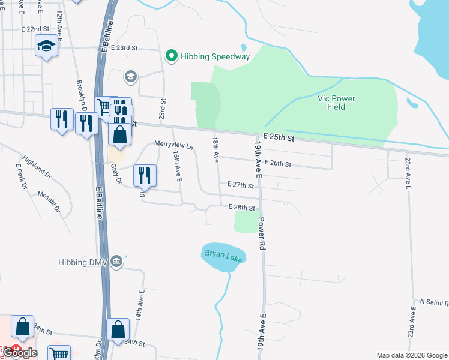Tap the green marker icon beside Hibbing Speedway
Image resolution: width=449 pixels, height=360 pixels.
click(x=172, y=57)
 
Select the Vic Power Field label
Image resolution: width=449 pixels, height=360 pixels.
click(x=336, y=103)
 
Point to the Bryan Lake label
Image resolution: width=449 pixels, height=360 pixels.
click(x=223, y=254)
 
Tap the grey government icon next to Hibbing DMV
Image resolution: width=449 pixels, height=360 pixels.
click(x=116, y=261)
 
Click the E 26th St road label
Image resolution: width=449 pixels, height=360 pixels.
click(x=277, y=164)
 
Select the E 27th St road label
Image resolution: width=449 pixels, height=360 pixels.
click(x=241, y=186)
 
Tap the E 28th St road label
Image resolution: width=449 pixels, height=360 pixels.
click(x=242, y=208)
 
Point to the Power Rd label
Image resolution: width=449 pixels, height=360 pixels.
click(x=262, y=235)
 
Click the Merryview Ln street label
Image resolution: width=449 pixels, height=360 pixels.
click(x=173, y=145)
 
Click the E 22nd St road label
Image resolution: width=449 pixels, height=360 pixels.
click(x=35, y=29)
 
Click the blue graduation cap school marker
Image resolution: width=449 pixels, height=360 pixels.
click(x=46, y=46)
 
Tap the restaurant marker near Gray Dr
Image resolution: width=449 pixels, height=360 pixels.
click(x=145, y=175)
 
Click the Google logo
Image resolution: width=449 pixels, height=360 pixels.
click(x=19, y=353)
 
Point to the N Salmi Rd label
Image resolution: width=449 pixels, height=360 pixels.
click(x=433, y=301)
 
